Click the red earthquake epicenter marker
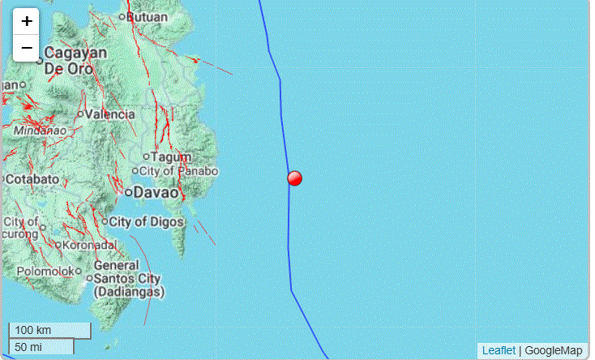click(295, 178)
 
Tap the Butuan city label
click(148, 15)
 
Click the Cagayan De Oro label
click(75, 60)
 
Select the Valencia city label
click(110, 114)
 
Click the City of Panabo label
click(179, 171)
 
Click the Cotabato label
click(33, 178)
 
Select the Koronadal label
click(91, 244)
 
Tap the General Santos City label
click(129, 277)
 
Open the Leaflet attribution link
click(499, 350)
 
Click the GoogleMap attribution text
click(554, 350)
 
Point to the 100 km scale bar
click(49, 331)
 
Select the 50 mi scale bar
click(41, 347)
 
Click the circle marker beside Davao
click(129, 192)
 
